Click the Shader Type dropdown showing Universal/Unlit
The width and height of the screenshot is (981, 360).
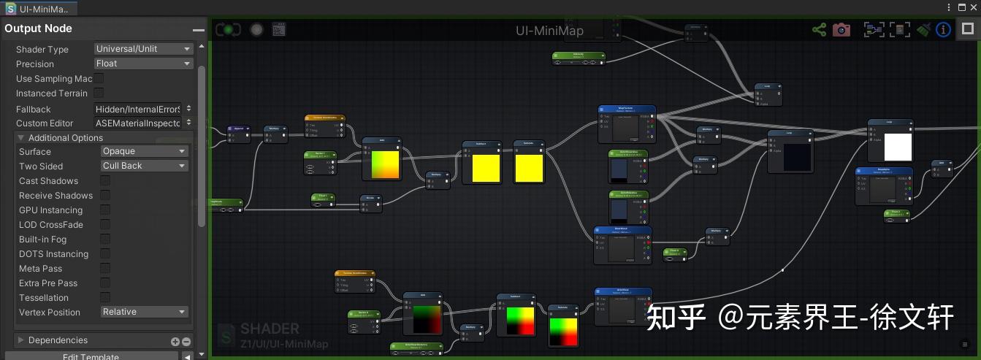143,49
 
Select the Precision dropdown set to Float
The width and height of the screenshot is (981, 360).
143,64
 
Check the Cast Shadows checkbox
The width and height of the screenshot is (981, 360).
105,180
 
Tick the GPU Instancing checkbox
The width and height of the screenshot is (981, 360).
105,210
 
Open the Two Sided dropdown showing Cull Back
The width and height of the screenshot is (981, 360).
144,166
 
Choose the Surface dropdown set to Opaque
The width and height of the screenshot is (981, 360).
144,151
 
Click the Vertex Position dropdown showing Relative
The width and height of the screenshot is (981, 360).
144,312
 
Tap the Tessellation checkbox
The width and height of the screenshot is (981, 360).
105,297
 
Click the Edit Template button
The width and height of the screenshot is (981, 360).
91,356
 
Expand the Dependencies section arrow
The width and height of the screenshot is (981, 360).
21,340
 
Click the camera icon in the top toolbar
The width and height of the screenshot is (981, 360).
841,30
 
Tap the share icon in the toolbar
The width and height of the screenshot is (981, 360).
819,30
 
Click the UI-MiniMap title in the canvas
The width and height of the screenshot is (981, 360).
549,31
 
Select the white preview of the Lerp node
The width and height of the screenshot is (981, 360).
898,148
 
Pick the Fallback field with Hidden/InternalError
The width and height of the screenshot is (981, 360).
143,109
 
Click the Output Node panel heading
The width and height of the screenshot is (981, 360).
39,28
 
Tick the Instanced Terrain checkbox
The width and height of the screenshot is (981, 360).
99,93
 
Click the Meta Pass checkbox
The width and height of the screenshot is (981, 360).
105,268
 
